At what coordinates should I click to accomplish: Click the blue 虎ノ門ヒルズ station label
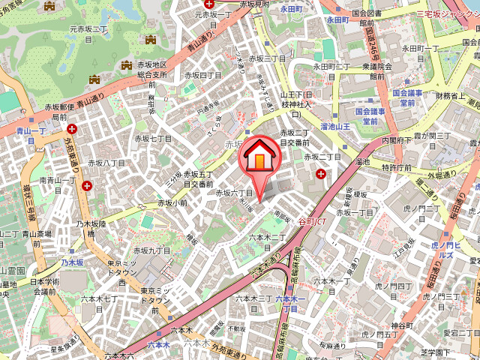tap(449, 250)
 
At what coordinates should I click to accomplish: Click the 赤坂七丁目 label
tap(153, 139)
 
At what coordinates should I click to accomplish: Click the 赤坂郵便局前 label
tap(59, 112)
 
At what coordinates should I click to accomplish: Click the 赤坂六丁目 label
tap(234, 193)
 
